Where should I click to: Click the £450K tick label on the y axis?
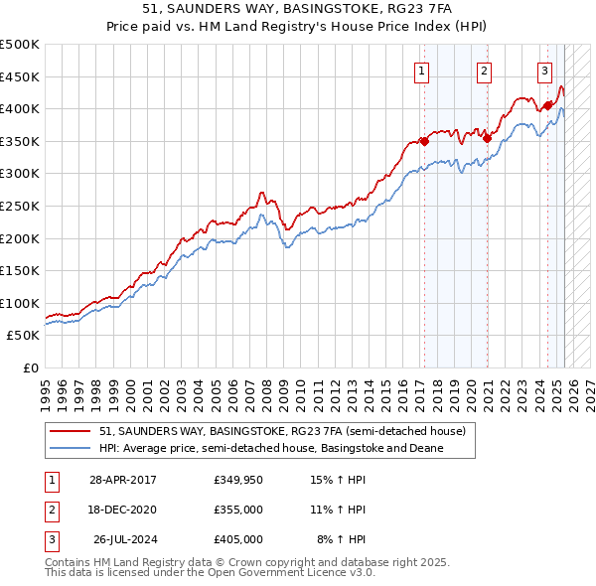pyautogui.click(x=20, y=76)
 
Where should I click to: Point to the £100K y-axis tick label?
pyautogui.click(x=20, y=303)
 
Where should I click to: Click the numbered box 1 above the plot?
pyautogui.click(x=422, y=70)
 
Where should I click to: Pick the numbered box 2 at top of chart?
pyautogui.click(x=484, y=70)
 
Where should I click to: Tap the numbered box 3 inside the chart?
pyautogui.click(x=545, y=70)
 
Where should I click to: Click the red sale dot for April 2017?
pyautogui.click(x=424, y=141)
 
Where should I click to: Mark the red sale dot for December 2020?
pyautogui.click(x=487, y=138)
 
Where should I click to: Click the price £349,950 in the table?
pyautogui.click(x=238, y=481)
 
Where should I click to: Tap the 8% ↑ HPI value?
pyautogui.click(x=341, y=539)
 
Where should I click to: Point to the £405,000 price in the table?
pyautogui.click(x=238, y=539)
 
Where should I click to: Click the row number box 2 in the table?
pyautogui.click(x=50, y=510)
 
